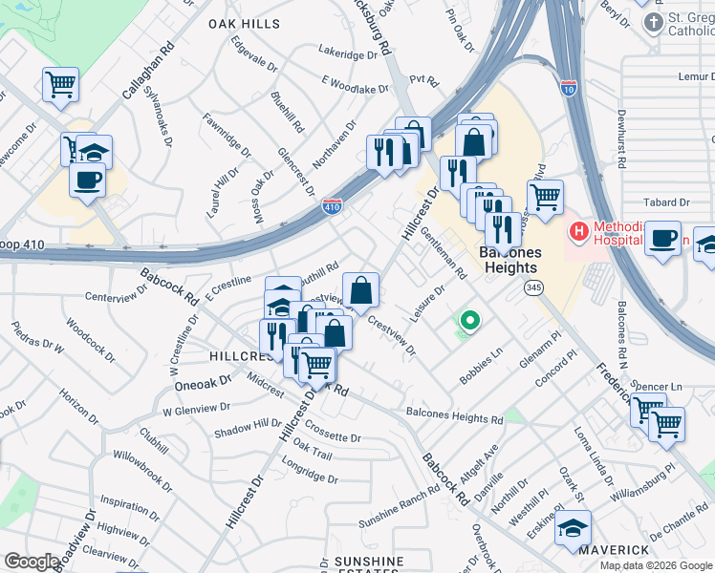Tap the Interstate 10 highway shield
569,88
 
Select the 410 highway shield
332,206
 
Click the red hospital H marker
577,230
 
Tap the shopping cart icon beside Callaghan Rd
60,85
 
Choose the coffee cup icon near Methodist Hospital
662,240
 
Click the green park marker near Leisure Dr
468,321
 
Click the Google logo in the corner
32,562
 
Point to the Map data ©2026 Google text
656,565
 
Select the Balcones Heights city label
510,260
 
